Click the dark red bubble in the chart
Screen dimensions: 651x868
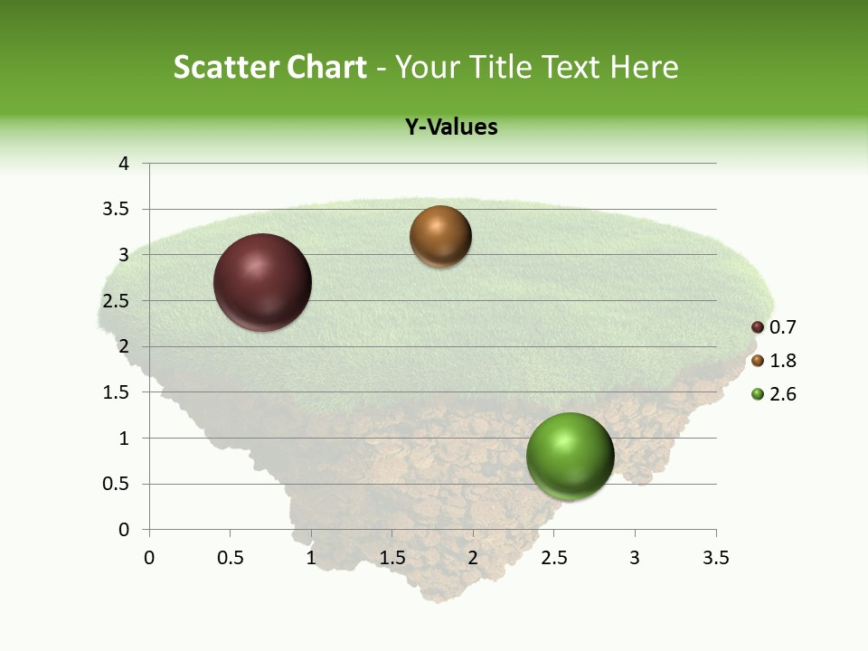[262, 282]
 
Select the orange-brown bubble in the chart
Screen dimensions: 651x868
[440, 237]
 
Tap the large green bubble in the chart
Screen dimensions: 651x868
[570, 456]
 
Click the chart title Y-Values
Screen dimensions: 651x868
[451, 127]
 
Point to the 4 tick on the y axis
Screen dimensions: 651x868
[125, 164]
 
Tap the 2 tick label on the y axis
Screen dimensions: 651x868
[125, 346]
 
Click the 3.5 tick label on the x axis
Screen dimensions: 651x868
[715, 559]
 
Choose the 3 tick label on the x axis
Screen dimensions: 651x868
[635, 559]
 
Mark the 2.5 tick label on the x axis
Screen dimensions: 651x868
[553, 559]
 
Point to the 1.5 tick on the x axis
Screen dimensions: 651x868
[392, 559]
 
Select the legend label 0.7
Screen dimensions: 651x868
[782, 327]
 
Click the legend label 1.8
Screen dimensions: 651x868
[782, 361]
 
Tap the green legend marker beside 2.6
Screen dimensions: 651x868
[758, 394]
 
